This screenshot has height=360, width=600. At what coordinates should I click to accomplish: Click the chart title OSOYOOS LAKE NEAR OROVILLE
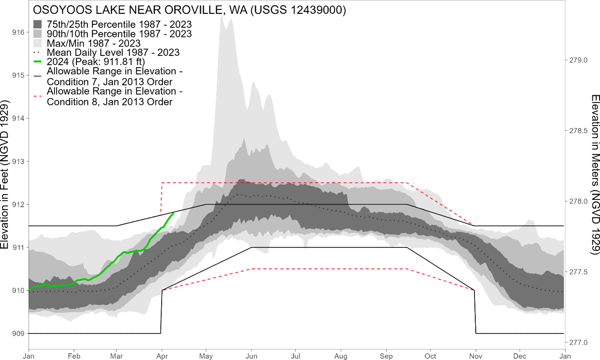[189, 10]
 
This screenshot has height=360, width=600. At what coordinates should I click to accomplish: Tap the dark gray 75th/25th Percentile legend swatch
[38, 24]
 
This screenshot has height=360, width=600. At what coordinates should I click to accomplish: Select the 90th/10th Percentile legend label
[119, 34]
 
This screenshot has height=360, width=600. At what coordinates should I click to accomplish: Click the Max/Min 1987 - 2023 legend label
[94, 43]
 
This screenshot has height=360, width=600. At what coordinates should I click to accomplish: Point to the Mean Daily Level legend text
[113, 53]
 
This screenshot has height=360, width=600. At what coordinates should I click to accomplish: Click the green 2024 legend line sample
[38, 62]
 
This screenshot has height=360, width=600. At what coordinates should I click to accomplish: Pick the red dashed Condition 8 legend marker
[38, 96]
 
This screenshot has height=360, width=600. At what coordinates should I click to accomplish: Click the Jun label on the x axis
[251, 356]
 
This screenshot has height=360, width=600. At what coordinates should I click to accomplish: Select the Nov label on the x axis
[475, 356]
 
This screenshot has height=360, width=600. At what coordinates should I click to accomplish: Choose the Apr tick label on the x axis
[162, 356]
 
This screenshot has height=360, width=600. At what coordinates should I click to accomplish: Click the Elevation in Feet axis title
[5, 174]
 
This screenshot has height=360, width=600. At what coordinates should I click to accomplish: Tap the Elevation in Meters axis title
[595, 174]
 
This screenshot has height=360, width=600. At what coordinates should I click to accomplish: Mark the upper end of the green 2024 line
[174, 213]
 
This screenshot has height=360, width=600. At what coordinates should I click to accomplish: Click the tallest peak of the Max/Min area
[221, 18]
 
